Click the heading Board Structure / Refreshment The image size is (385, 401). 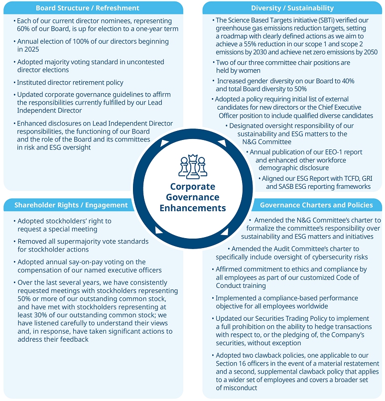[88, 8]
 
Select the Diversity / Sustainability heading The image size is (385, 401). [292, 8]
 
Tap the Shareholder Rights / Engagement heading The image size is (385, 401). [71, 205]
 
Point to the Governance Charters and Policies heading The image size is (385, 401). [316, 205]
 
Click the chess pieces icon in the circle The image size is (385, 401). [192, 167]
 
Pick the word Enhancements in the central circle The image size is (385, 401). [192, 208]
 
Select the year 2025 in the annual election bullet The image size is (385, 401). [33, 49]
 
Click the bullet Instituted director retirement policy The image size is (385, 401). [70, 82]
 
